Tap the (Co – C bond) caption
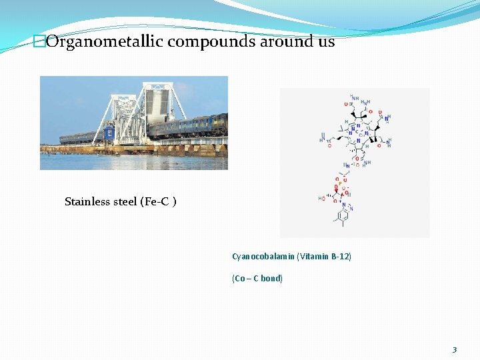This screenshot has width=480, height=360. tap(257, 278)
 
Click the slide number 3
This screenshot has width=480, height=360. tap(454, 349)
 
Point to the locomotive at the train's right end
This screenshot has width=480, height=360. tap(218, 124)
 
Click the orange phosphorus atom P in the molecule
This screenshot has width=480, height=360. tap(339, 186)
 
